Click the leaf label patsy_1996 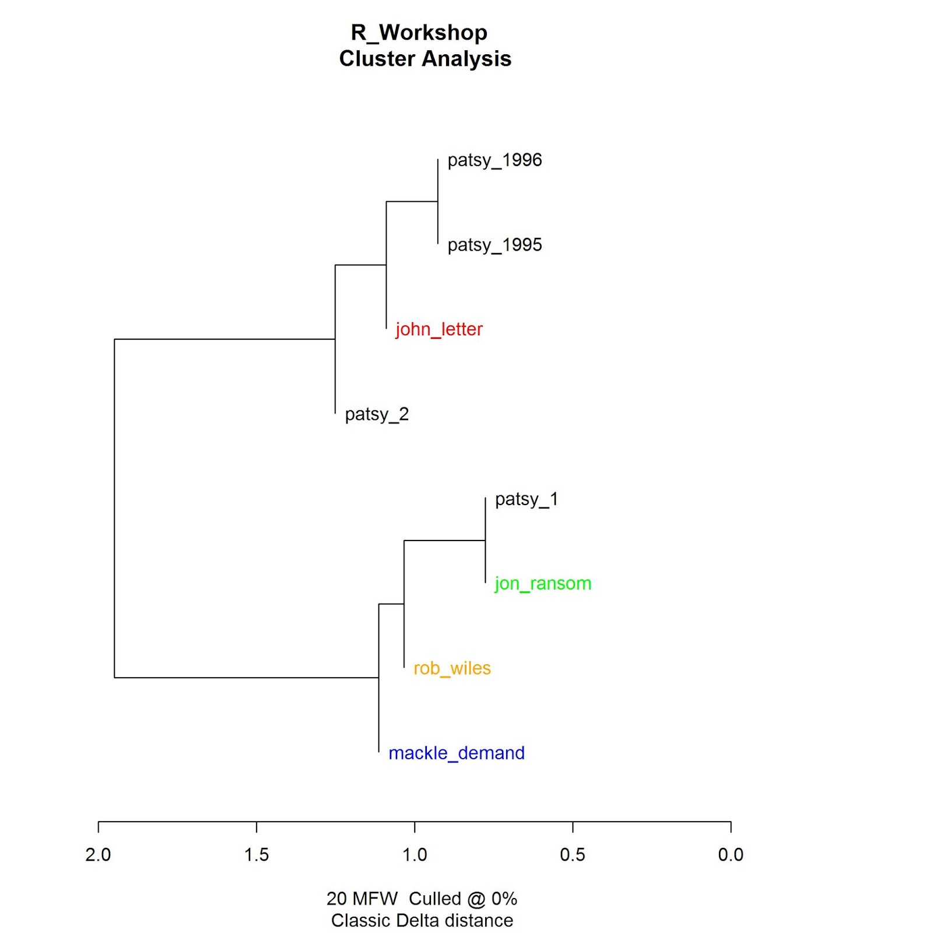tap(494, 160)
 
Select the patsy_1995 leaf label tap(494, 245)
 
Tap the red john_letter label tap(439, 329)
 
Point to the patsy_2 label tap(377, 415)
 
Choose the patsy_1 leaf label tap(527, 499)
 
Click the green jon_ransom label tap(543, 584)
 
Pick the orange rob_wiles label tap(452, 668)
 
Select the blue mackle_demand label tap(457, 753)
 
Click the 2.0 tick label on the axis tap(98, 855)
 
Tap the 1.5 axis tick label tap(257, 855)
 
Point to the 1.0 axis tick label tap(415, 855)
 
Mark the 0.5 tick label tap(573, 855)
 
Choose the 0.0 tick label tap(731, 855)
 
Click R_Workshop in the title tap(419, 33)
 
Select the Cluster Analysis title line tap(425, 59)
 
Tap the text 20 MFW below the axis tap(362, 899)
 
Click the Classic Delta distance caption tap(422, 921)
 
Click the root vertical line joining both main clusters tap(114, 507)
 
